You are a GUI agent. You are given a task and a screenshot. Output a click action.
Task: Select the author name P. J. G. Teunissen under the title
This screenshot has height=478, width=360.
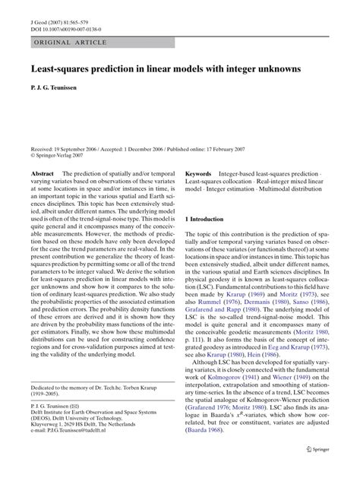click(58, 88)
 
